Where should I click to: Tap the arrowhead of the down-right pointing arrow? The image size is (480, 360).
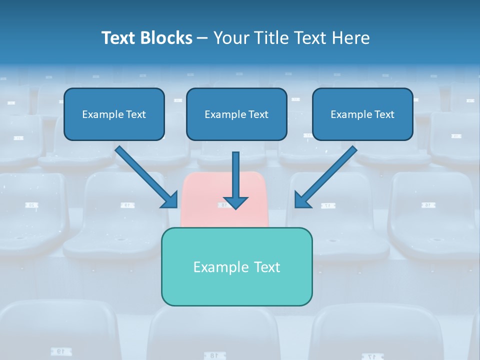point(170,200)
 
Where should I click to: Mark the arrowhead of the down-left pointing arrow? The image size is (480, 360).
point(302,200)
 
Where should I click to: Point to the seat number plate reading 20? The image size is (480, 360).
point(31,205)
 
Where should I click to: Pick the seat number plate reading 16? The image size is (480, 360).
point(428,205)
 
